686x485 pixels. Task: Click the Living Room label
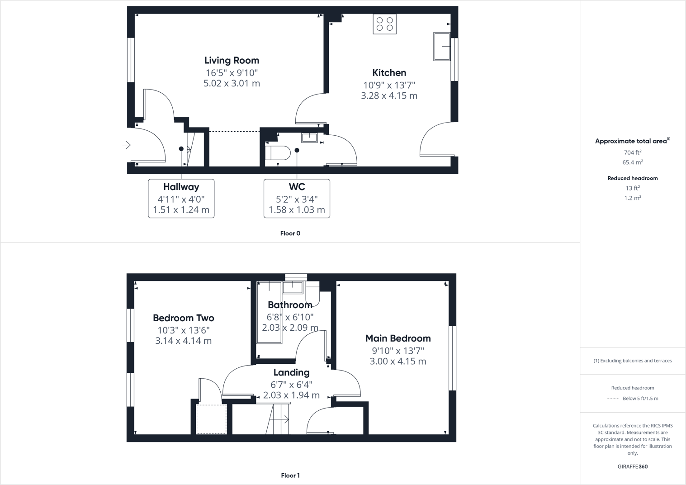(x=232, y=60)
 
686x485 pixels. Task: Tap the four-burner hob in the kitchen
(x=384, y=24)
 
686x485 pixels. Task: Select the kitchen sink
(x=442, y=46)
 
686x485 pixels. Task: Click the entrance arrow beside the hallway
(x=127, y=145)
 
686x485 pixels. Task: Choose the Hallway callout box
(x=181, y=198)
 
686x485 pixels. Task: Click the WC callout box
(x=297, y=198)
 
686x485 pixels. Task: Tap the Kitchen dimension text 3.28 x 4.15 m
(x=389, y=95)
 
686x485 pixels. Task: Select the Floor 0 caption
(x=290, y=233)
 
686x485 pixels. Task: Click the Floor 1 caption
(x=290, y=475)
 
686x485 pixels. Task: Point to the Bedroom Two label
(x=183, y=318)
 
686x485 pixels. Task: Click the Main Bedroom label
(x=398, y=338)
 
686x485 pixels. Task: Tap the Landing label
(x=291, y=372)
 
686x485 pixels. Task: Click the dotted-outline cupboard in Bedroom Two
(x=211, y=419)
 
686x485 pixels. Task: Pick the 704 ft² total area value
(x=632, y=152)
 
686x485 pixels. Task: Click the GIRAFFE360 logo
(x=632, y=466)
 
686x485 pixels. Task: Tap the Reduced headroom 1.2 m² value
(x=632, y=198)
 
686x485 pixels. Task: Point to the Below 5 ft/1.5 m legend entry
(x=640, y=399)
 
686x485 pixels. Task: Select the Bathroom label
(x=290, y=305)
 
